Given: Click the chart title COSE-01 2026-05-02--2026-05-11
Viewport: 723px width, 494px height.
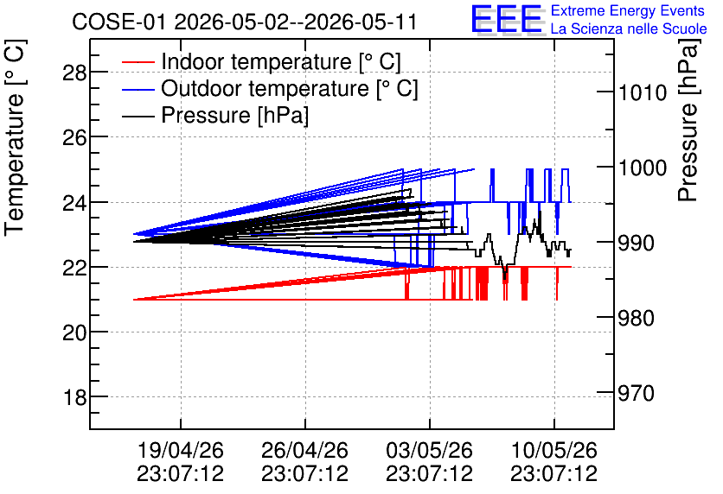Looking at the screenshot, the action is point(245,22).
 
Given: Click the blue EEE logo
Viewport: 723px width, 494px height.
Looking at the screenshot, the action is point(506,19).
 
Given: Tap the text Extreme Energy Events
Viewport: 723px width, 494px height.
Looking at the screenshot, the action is point(628,10).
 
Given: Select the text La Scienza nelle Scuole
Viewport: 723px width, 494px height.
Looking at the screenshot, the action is point(629,28).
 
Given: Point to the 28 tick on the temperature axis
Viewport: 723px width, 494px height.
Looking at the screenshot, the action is point(74,73).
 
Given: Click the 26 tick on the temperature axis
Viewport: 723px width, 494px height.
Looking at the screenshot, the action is point(74,137).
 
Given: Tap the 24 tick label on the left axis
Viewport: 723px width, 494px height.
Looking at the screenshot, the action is point(74,202).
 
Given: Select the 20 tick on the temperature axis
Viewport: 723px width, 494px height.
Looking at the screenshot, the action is point(74,332).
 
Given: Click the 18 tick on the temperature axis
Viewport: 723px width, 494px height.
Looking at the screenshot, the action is point(74,397).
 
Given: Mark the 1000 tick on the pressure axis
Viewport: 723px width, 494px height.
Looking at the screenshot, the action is point(643,168).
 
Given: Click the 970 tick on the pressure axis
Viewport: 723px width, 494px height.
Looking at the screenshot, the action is point(637,393).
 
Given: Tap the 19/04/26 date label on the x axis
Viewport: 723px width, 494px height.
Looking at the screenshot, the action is point(180,450).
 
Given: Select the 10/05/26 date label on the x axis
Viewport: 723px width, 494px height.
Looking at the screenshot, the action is point(553,450).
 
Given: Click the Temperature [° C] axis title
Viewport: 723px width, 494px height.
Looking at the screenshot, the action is point(15,137).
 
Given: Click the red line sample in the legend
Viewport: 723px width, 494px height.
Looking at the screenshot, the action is point(138,61).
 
